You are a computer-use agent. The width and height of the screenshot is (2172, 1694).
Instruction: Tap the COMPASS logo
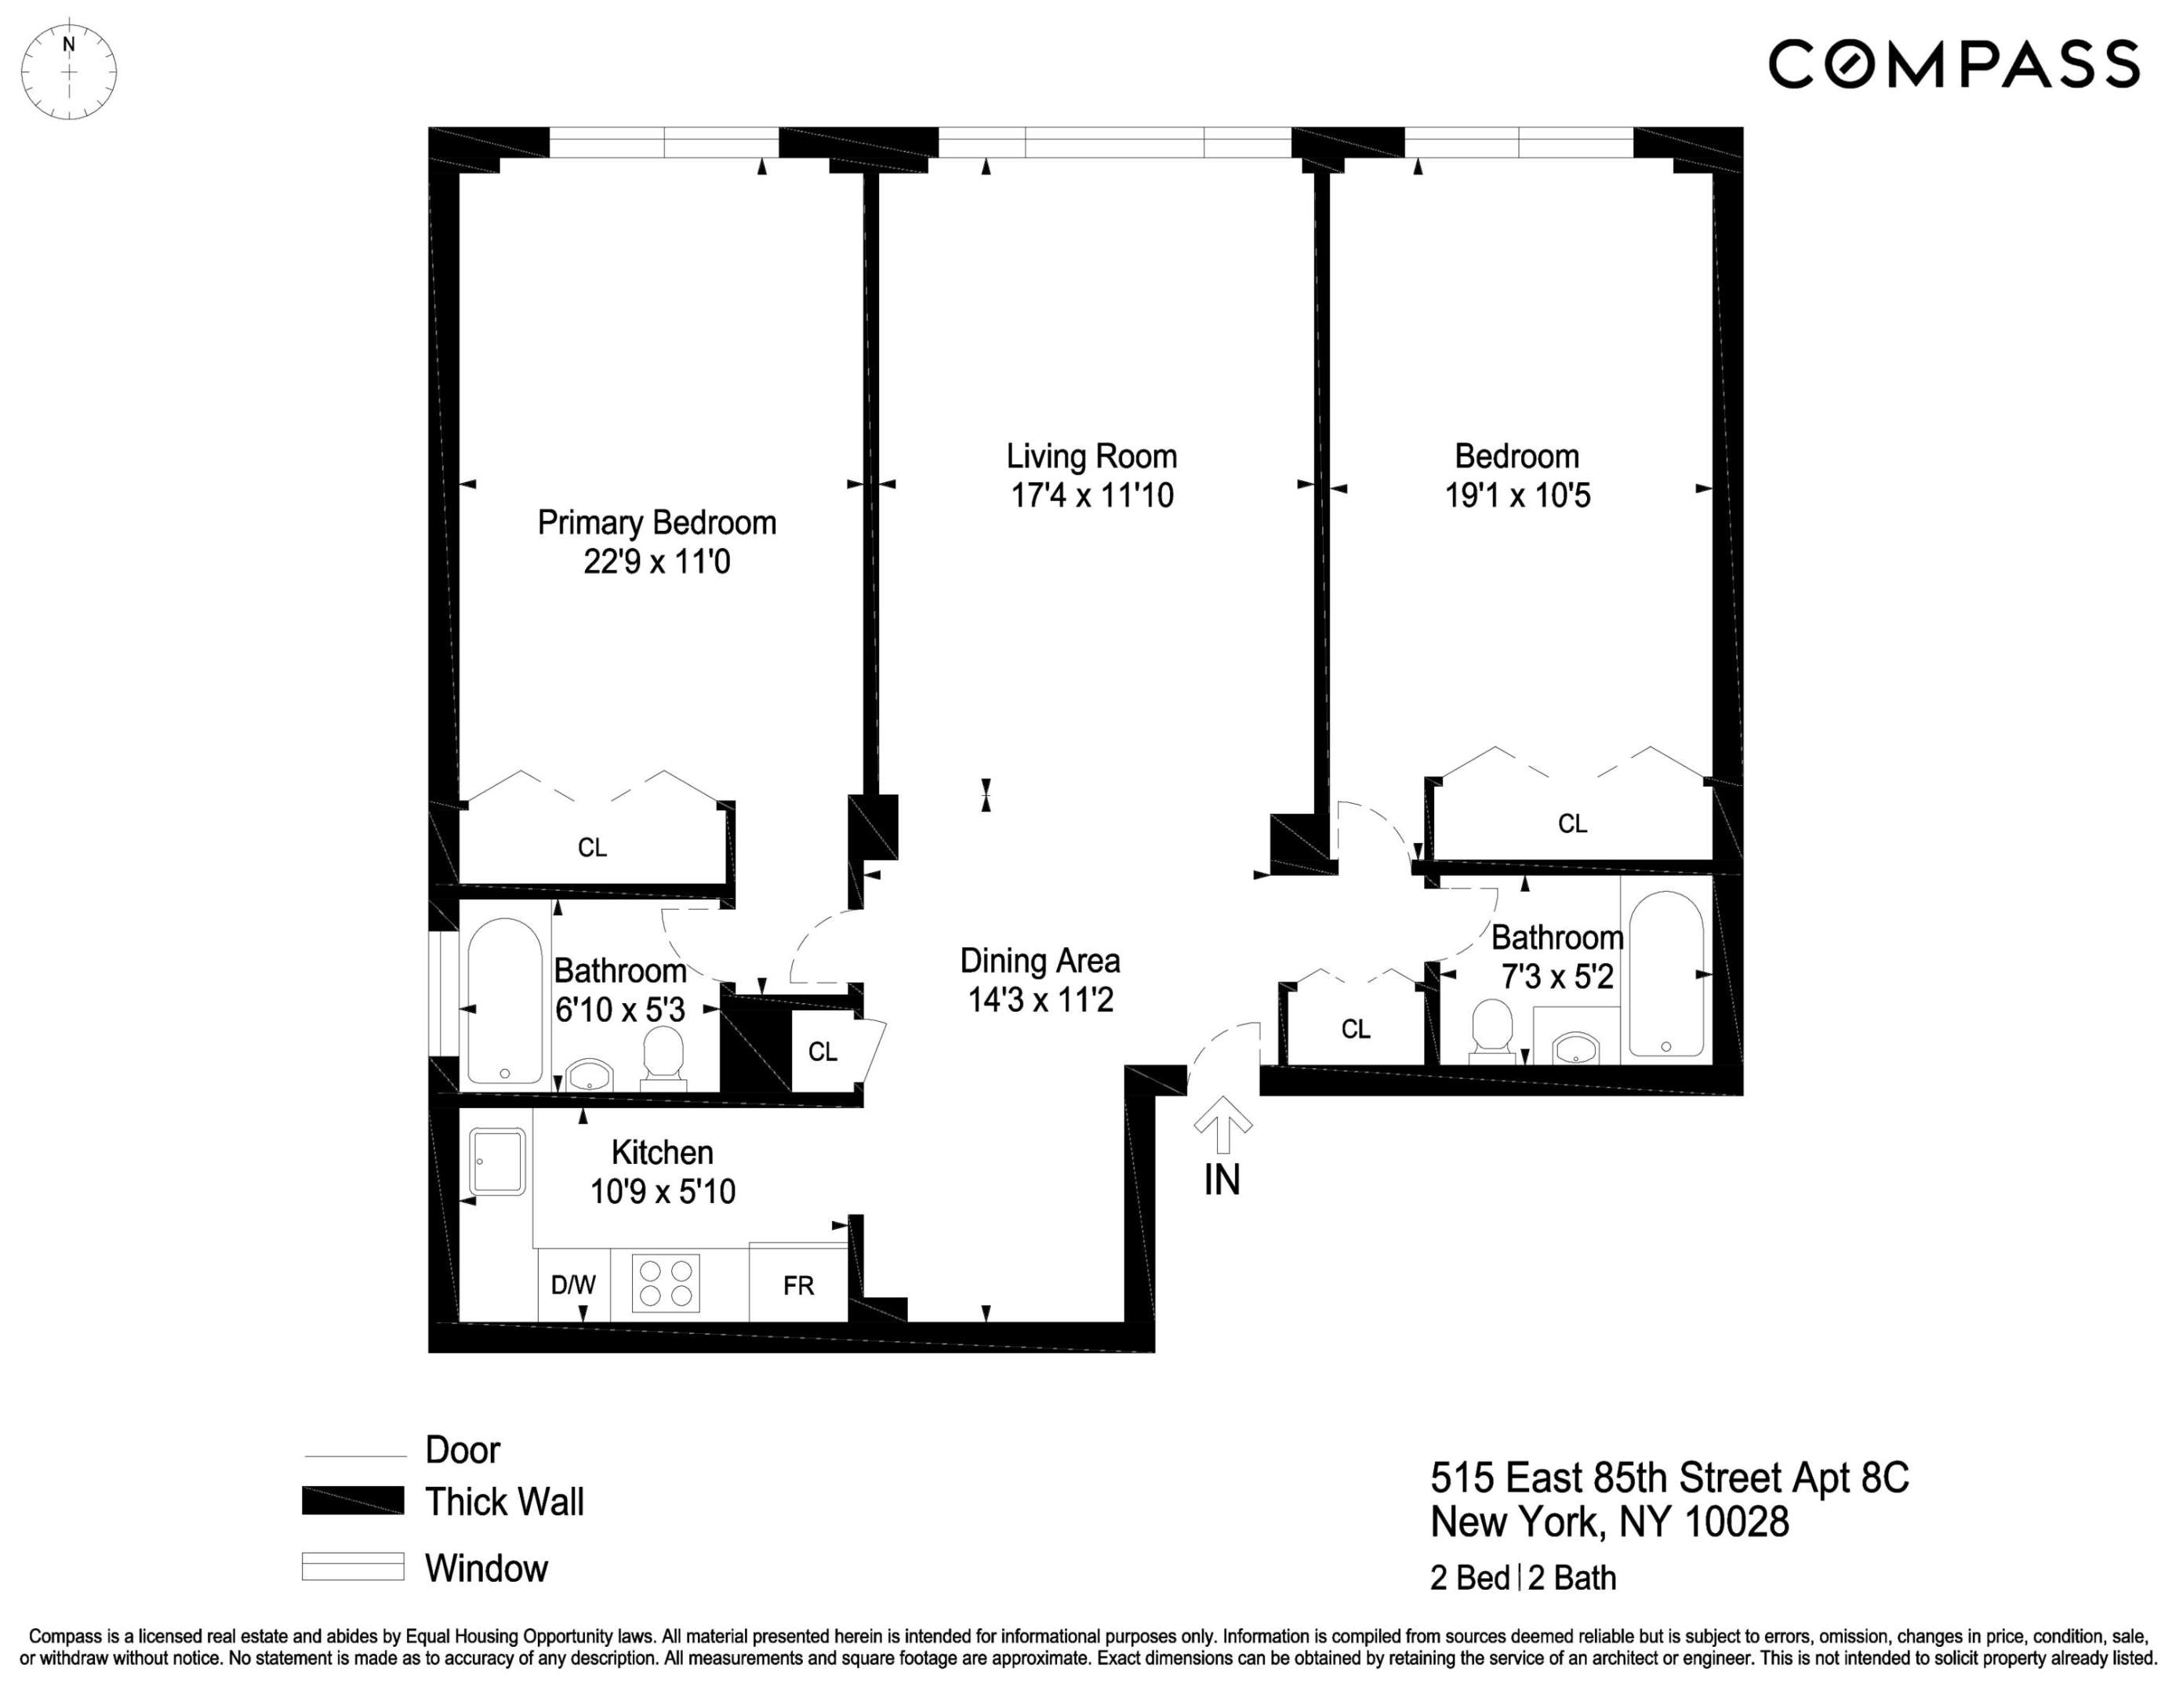[1953, 64]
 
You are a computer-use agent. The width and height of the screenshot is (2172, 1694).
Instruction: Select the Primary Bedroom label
[656, 523]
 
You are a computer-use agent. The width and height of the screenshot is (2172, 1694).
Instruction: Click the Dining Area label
[1039, 961]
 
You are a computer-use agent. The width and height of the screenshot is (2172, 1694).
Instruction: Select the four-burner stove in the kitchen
[666, 1283]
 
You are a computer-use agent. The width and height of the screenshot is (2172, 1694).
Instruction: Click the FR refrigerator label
[798, 1285]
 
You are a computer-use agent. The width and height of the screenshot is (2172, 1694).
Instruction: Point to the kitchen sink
[497, 1161]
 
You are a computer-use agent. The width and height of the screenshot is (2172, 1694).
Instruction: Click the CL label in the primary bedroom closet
[592, 848]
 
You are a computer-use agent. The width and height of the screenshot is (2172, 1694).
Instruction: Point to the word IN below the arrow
[1222, 1180]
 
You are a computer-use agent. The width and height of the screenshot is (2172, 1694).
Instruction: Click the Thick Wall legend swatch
[353, 1501]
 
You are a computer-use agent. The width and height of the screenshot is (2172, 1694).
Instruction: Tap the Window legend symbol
[353, 1567]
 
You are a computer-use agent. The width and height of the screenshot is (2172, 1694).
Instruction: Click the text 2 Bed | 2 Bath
[1523, 1578]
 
